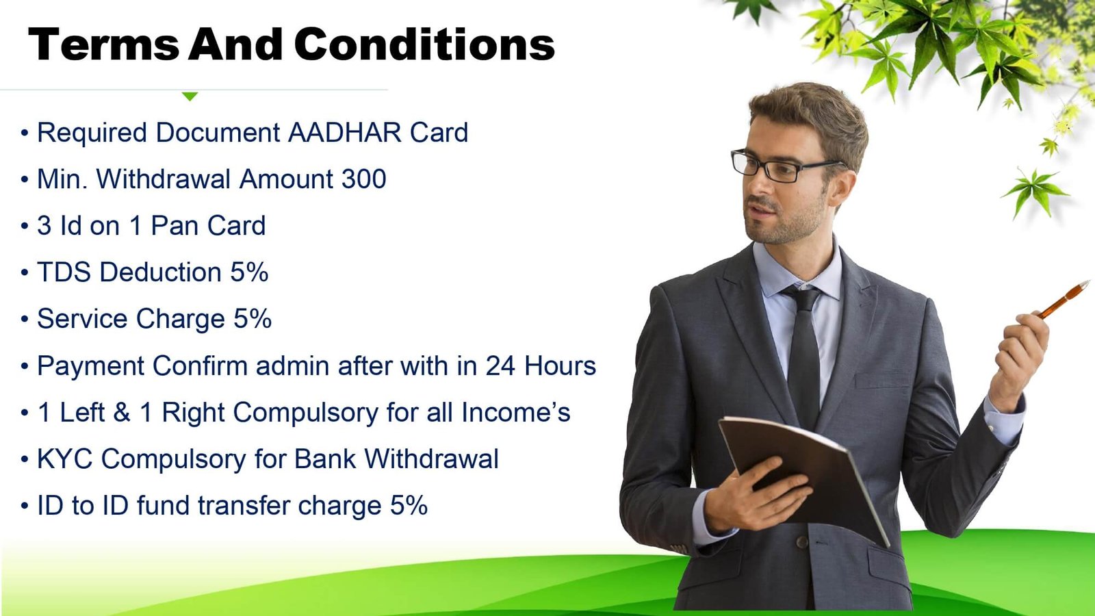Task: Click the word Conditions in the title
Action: pyautogui.click(x=424, y=44)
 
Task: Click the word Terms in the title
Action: pyautogui.click(x=103, y=44)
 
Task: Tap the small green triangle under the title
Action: pyautogui.click(x=190, y=97)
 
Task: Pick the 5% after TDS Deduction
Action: pyautogui.click(x=249, y=272)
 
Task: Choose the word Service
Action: pyautogui.click(x=82, y=319)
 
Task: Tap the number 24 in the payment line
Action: pyautogui.click(x=500, y=365)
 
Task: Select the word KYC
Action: pyautogui.click(x=65, y=459)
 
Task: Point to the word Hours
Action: pyautogui.click(x=561, y=365)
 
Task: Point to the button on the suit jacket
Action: pyautogui.click(x=801, y=541)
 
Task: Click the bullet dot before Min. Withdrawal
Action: pyautogui.click(x=25, y=180)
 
